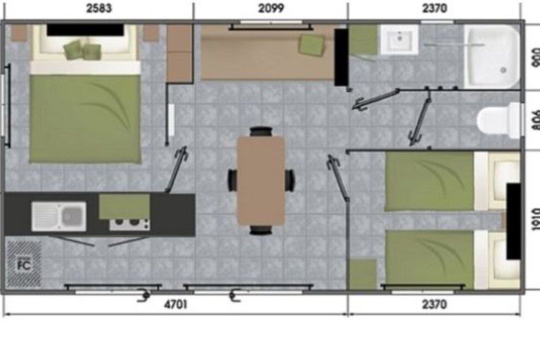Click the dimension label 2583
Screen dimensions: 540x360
click(x=99, y=8)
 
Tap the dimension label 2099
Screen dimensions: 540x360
click(x=271, y=8)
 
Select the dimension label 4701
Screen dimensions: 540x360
click(x=176, y=305)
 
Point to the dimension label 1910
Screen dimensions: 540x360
click(x=536, y=219)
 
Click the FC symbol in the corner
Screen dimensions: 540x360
click(x=24, y=264)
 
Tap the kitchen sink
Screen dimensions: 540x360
click(x=59, y=217)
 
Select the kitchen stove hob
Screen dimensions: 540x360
click(x=130, y=224)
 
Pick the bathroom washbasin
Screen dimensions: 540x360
click(x=400, y=39)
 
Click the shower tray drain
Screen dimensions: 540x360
click(x=503, y=70)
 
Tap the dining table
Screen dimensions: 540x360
click(x=261, y=181)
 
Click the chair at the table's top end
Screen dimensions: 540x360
click(x=261, y=132)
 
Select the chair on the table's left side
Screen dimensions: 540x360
click(x=233, y=180)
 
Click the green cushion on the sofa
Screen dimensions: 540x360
click(x=312, y=45)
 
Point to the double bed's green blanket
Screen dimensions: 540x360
click(x=85, y=119)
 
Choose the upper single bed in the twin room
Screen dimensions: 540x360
click(x=452, y=181)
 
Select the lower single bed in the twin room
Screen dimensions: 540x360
click(x=452, y=259)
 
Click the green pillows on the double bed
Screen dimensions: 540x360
click(x=83, y=49)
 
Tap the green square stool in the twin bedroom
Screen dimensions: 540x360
click(x=364, y=274)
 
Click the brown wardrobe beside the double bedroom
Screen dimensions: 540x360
click(x=179, y=53)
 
